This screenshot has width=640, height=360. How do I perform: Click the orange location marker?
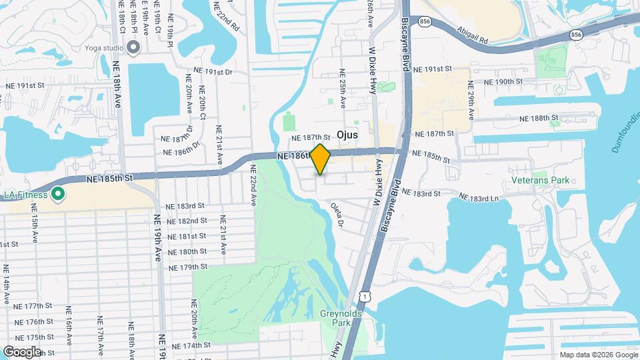(x=321, y=159)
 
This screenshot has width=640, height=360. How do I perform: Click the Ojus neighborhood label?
(x=347, y=135)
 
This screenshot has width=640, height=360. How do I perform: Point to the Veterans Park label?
(x=541, y=180)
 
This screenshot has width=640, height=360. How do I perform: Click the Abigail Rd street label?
(x=474, y=35)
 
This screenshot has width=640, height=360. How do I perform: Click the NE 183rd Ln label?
(x=481, y=197)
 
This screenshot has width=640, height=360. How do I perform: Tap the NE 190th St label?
(x=503, y=81)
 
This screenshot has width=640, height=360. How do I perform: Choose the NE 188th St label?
(x=541, y=117)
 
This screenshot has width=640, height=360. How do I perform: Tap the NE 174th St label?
(x=191, y=345)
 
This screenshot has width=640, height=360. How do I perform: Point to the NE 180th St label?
(x=183, y=251)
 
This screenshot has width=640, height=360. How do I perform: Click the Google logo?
(x=22, y=351)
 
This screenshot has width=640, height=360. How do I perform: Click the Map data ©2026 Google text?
(x=598, y=355)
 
